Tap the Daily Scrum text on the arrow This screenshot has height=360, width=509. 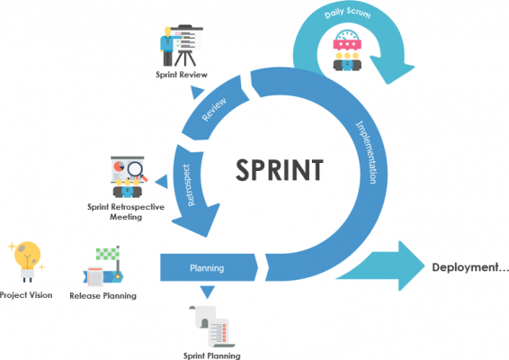tap(350, 14)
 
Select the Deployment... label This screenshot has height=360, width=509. tap(469, 267)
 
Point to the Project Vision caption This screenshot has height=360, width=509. tap(26, 295)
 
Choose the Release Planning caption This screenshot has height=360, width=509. tap(103, 295)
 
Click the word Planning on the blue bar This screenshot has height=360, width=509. tap(207, 268)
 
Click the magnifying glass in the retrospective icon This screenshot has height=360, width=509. tap(137, 167)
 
